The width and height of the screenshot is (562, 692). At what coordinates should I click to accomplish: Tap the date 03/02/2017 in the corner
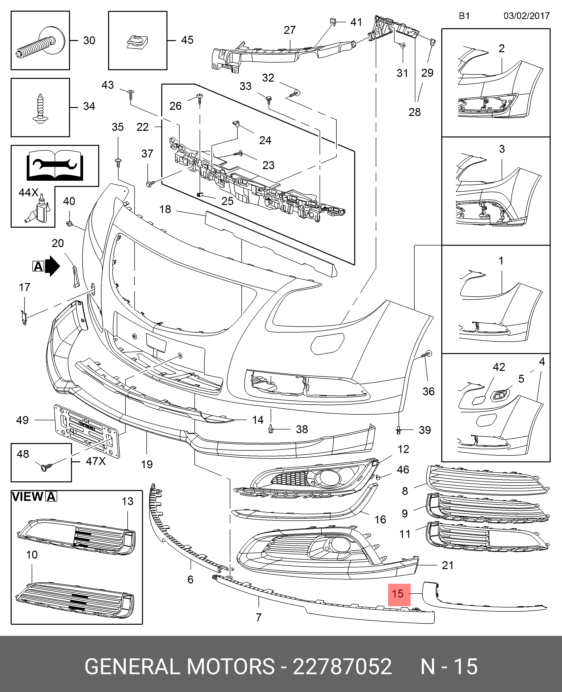(526, 16)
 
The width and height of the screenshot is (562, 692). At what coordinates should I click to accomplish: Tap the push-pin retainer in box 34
(40, 108)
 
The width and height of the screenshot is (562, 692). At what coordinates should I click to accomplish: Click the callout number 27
(290, 30)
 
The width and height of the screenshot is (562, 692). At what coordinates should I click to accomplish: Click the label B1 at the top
(464, 16)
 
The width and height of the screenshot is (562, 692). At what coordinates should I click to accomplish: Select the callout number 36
(428, 391)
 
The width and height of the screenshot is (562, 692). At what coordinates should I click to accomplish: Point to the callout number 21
(448, 565)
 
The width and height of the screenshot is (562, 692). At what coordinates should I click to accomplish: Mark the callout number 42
(499, 367)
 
